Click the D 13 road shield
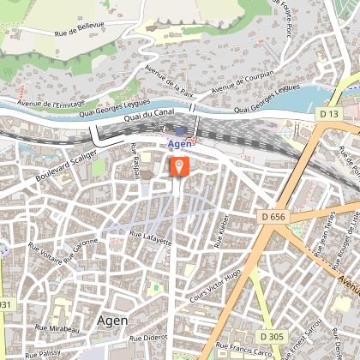(327, 113)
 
